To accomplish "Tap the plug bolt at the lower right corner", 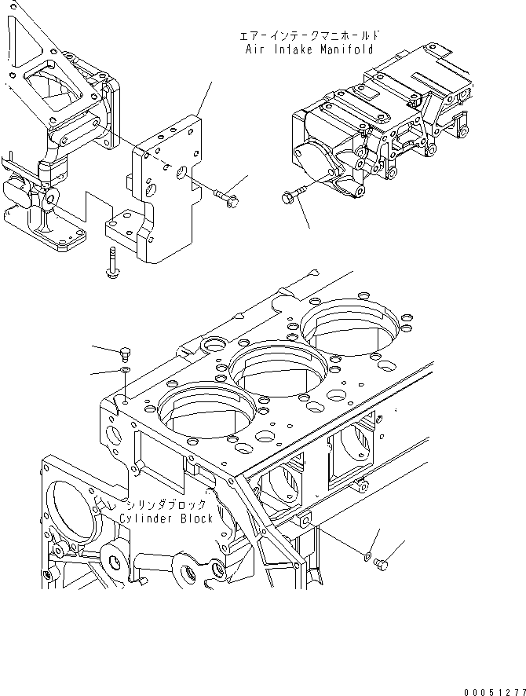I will [x=382, y=562].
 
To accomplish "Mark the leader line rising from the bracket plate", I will [x=204, y=99].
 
